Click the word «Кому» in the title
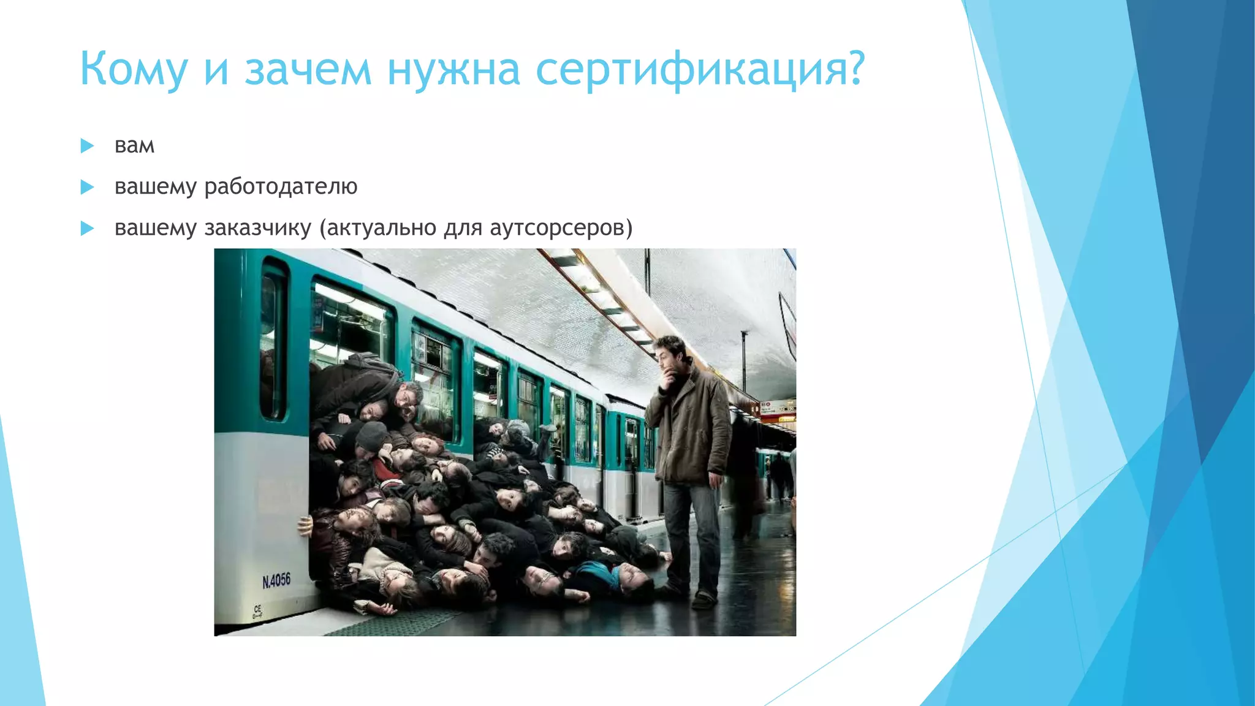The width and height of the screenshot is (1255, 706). [x=133, y=69]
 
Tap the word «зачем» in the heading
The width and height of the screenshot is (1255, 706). [x=308, y=69]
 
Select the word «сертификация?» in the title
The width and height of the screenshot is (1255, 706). [x=700, y=69]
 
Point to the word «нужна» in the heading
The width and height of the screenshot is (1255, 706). [x=453, y=69]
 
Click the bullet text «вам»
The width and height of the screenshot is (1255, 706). [x=134, y=146]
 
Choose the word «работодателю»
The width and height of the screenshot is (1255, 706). [x=281, y=186]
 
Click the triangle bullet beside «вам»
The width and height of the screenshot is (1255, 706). [x=87, y=146]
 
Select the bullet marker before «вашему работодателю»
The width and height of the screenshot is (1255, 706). [x=87, y=187]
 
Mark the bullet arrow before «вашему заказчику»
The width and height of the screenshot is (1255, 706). [x=87, y=229]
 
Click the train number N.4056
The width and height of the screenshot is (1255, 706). [x=276, y=580]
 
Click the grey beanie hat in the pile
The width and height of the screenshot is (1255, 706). [x=371, y=436]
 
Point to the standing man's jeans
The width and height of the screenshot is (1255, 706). [x=692, y=533]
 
